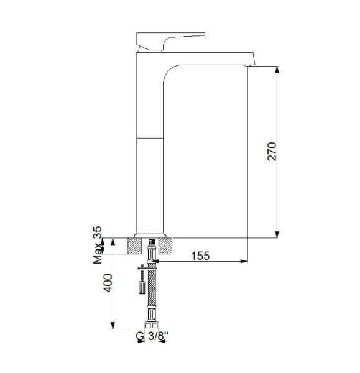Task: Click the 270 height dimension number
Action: click(272, 152)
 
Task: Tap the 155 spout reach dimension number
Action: click(200, 256)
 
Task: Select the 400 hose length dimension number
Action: click(108, 283)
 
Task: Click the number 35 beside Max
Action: click(98, 232)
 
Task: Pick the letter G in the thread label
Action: click(140, 336)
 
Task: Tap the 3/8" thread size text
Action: click(158, 336)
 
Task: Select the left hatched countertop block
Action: click(135, 246)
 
